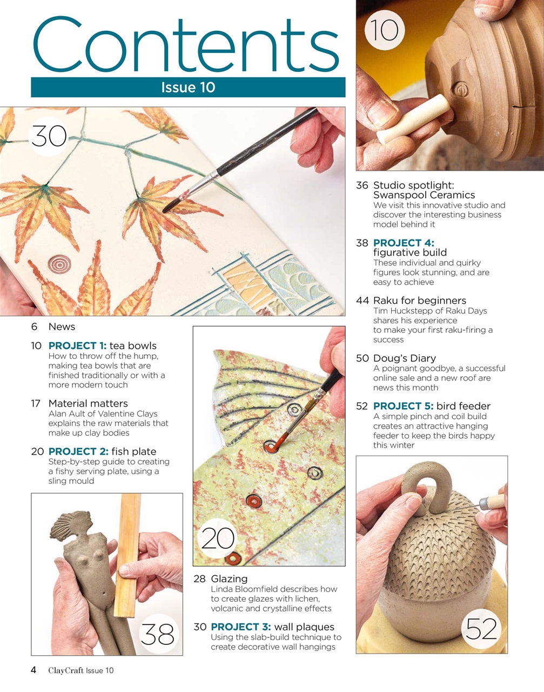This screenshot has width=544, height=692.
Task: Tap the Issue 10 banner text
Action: click(188, 88)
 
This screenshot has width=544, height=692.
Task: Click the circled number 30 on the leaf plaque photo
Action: click(49, 136)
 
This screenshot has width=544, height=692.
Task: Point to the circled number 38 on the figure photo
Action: click(158, 634)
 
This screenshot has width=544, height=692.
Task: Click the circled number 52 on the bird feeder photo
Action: click(481, 628)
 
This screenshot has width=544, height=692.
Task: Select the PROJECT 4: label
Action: click(404, 243)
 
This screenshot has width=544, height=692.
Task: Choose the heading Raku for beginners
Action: click(419, 301)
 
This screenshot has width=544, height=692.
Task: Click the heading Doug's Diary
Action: click(404, 358)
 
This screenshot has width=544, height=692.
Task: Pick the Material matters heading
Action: click(88, 404)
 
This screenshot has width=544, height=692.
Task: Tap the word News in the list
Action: click(62, 327)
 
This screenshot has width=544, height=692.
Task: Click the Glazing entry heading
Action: click(229, 579)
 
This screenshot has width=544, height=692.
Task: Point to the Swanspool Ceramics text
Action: click(424, 195)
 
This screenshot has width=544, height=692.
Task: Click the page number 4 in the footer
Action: click(33, 670)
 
